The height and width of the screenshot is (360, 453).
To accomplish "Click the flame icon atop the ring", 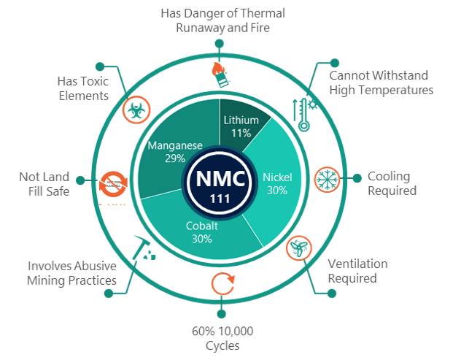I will click(217, 70).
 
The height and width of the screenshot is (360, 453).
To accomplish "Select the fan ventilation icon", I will click(298, 249).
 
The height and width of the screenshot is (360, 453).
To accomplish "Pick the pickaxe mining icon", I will click(142, 248).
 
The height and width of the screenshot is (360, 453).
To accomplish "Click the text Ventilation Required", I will click(357, 270).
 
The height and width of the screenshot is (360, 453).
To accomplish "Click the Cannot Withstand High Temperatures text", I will click(382, 83).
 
